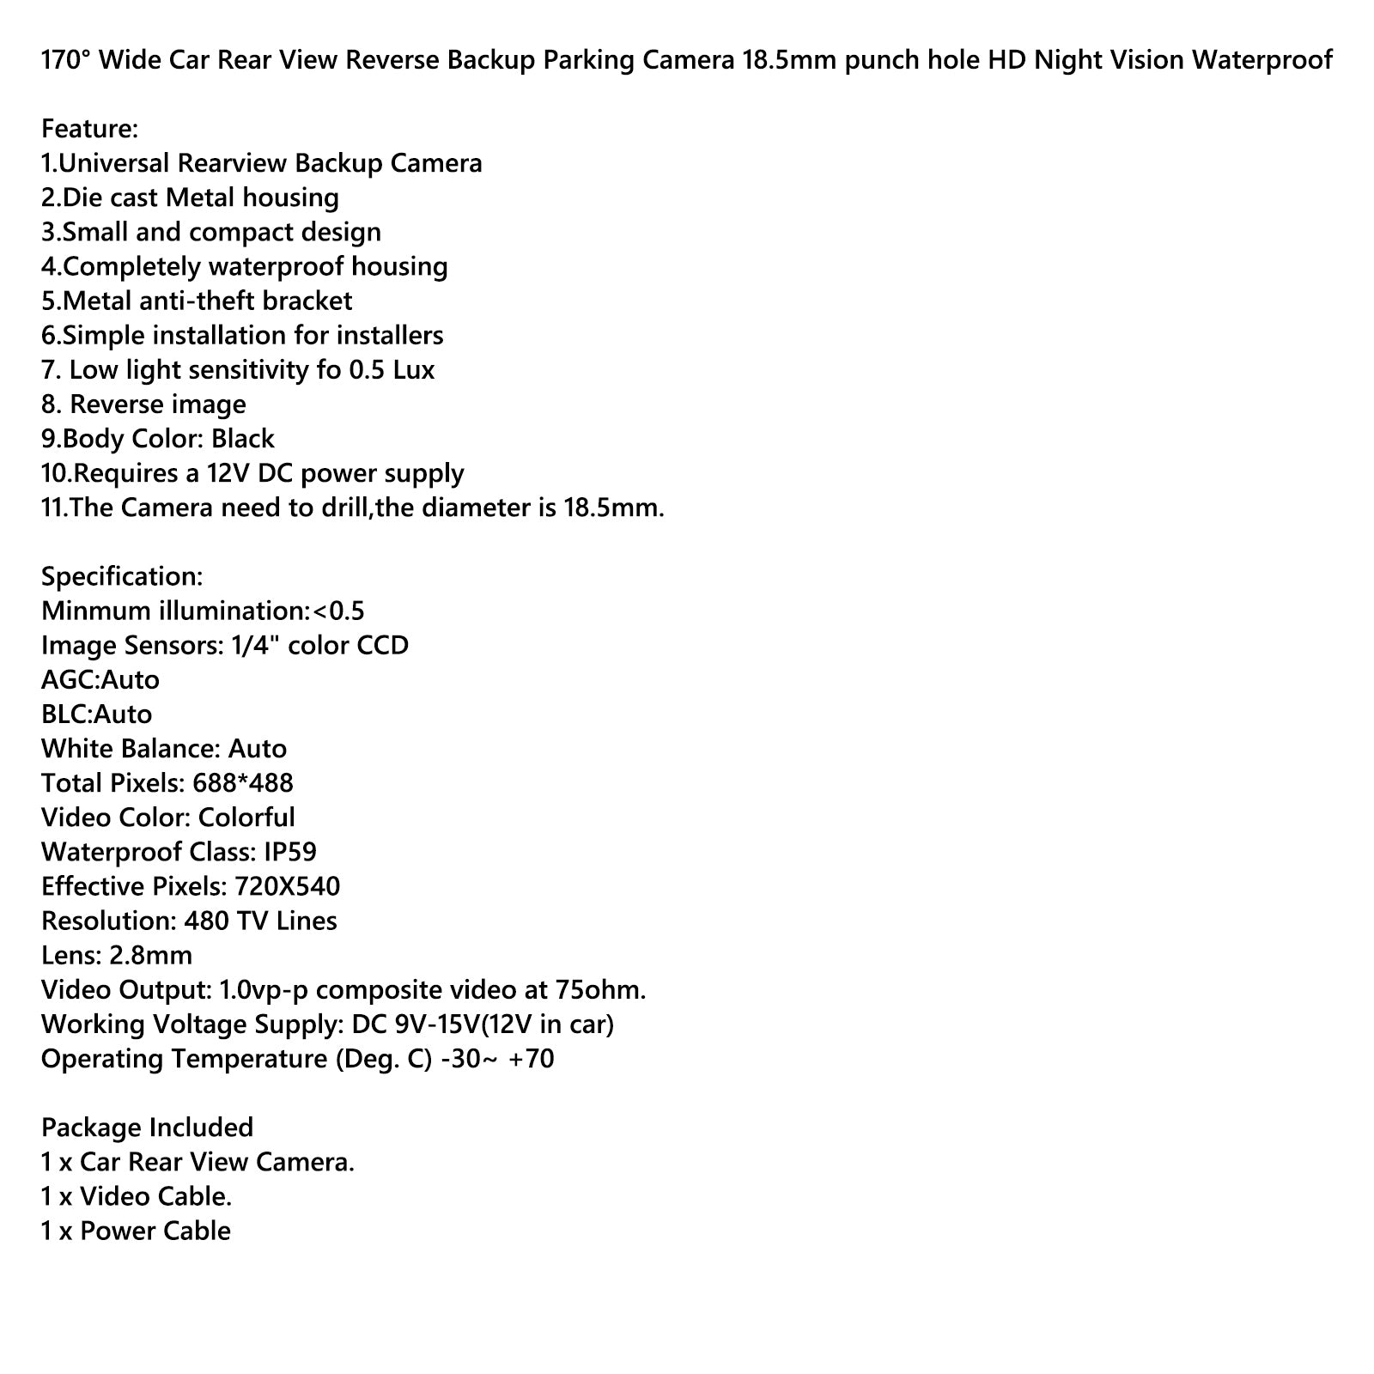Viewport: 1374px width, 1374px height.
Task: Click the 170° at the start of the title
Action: (64, 60)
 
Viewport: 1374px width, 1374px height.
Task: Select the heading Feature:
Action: (89, 129)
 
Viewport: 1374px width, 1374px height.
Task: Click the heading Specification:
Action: (122, 576)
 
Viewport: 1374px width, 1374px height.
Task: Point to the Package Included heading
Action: (147, 1128)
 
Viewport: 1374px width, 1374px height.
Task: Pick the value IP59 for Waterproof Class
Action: (290, 852)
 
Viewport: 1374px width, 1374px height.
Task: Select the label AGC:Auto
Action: (100, 680)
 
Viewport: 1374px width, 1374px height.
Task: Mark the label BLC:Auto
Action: (96, 714)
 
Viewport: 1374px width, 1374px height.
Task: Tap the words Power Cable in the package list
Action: (155, 1231)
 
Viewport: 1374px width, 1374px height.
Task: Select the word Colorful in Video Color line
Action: (246, 818)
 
